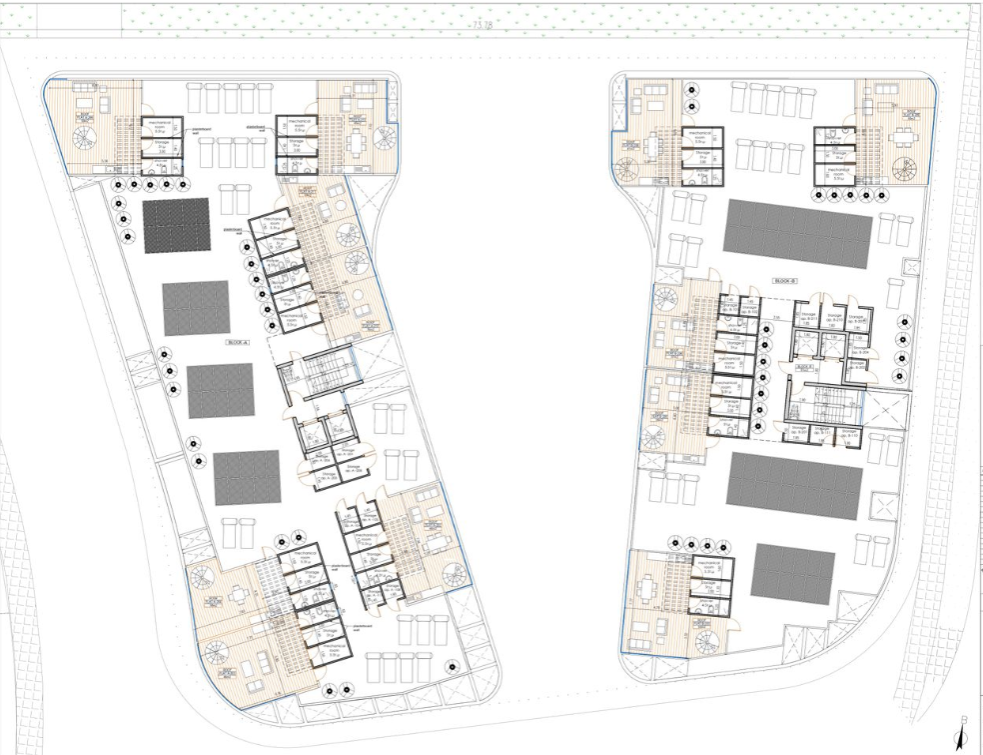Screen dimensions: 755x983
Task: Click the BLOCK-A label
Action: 238,342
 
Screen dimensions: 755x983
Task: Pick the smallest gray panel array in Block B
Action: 792,572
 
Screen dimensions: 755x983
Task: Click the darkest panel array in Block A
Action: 175,225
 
